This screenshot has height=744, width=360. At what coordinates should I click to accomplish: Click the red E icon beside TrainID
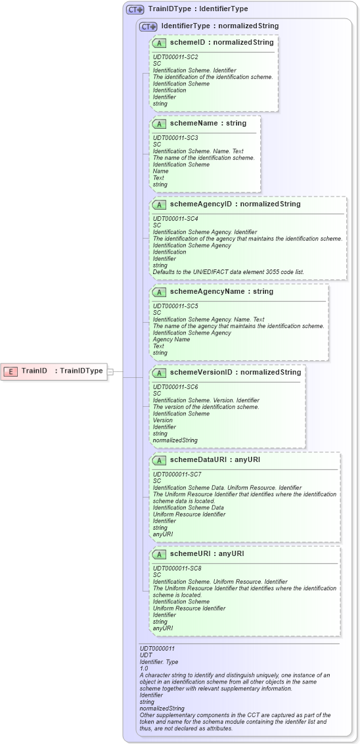pos(11,371)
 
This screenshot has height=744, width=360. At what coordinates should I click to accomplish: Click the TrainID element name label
pos(34,371)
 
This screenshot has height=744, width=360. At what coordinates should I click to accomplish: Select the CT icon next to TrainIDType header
pos(135,9)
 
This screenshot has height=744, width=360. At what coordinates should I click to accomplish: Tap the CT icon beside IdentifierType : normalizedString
pos(148,26)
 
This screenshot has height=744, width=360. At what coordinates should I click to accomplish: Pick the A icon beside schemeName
pos(159,124)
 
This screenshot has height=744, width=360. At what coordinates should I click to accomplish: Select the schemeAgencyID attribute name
pos(201,204)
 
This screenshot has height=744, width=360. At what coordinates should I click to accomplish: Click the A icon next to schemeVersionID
pos(159,373)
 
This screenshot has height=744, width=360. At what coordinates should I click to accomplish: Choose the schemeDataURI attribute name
pos(198,460)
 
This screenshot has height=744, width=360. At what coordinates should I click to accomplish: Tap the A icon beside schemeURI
pos(159,555)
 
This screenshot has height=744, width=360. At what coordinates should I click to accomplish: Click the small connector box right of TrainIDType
pos(110,371)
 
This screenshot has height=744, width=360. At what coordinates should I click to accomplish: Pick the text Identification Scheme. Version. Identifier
pos(206,400)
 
